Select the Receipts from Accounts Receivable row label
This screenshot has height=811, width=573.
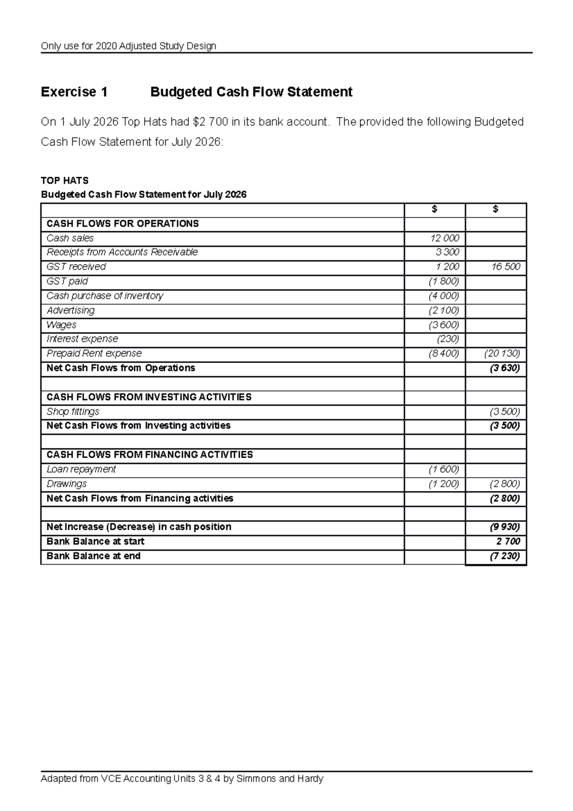click(122, 252)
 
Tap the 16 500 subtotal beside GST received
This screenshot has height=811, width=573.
click(506, 267)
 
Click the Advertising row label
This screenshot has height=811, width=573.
click(71, 310)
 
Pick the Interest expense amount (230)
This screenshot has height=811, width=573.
click(448, 339)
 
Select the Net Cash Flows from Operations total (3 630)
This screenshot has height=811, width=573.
click(505, 368)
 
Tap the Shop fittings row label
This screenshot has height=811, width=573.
click(73, 412)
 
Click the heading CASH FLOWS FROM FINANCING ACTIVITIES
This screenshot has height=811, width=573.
click(149, 455)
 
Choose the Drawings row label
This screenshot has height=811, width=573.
click(66, 484)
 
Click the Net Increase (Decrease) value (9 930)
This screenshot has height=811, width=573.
click(505, 527)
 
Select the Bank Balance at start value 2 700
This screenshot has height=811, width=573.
click(508, 542)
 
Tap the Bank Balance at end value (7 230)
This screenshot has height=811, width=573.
click(505, 556)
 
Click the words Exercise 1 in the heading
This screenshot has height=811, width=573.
click(74, 92)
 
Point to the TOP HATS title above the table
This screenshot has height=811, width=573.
click(64, 181)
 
